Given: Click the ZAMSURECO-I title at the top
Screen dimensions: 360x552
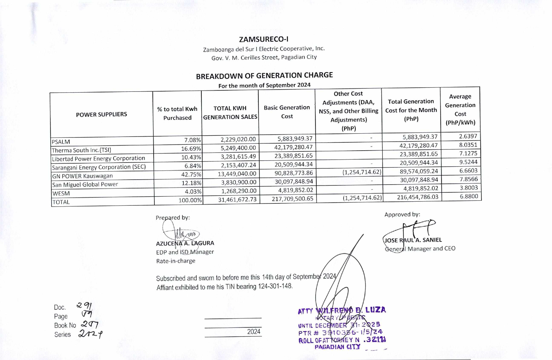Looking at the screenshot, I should coord(264,39).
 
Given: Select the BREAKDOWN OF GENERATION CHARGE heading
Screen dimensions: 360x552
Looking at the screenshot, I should coord(264,76).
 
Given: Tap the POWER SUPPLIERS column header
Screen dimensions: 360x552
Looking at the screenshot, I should coord(101,114).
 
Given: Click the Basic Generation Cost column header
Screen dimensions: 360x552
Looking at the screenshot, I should coord(287,112).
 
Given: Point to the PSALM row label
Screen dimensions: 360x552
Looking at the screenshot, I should coord(61,141).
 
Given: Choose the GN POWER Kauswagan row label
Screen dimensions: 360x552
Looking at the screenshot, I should coord(82,176).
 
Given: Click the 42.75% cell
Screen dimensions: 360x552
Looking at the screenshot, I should coord(191,174).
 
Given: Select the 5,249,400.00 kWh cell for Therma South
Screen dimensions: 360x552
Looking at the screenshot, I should coord(238,148).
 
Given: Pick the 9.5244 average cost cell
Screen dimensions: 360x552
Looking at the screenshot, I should coord(468,162).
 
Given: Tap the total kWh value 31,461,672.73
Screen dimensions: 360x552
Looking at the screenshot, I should coord(237,199).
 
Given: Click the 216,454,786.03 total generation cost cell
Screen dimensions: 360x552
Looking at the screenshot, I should coord(417,197).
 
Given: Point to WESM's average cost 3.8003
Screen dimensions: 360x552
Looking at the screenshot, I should coord(469,188).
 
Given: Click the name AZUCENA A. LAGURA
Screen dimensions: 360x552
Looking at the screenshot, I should coord(185,243).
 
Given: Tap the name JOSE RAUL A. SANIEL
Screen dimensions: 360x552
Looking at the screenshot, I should coord(413,240).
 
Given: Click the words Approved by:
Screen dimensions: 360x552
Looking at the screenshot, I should coord(402,214).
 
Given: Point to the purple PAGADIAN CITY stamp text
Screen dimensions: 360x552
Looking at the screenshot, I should coord(337,347).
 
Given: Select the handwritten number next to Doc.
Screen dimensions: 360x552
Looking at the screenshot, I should coord(84,306).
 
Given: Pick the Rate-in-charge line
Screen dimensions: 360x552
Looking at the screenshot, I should coord(176,261).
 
